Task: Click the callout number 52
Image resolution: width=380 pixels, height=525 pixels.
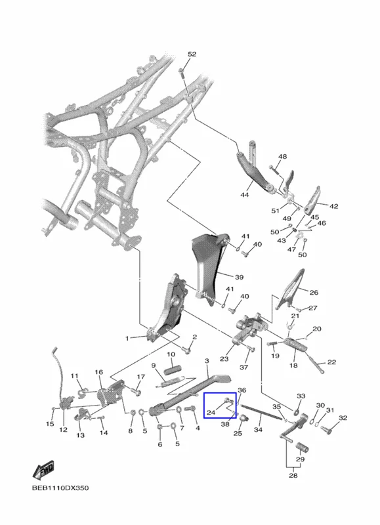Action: click(x=192, y=54)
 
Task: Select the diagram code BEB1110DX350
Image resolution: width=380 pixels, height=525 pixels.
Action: click(x=60, y=488)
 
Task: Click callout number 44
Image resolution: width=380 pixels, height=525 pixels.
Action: click(x=245, y=194)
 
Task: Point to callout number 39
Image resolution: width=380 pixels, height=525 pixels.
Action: click(x=239, y=277)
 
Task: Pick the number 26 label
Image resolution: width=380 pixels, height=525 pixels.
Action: click(x=314, y=293)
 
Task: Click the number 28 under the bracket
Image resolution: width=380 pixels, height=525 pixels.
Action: click(x=293, y=475)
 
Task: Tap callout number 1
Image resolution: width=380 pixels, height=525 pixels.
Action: click(x=127, y=339)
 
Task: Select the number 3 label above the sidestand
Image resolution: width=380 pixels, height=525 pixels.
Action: click(x=207, y=361)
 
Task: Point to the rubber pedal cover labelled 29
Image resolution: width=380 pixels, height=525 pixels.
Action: click(x=302, y=448)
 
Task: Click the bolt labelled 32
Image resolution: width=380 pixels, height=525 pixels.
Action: click(x=326, y=429)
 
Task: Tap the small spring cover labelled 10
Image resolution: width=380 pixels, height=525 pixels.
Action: click(x=171, y=370)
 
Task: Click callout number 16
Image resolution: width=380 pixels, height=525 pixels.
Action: click(x=98, y=372)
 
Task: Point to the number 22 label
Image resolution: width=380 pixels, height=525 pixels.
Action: click(x=331, y=362)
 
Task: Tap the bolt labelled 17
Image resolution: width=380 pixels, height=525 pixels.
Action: click(x=137, y=390)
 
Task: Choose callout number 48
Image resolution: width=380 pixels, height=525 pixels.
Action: click(x=283, y=156)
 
